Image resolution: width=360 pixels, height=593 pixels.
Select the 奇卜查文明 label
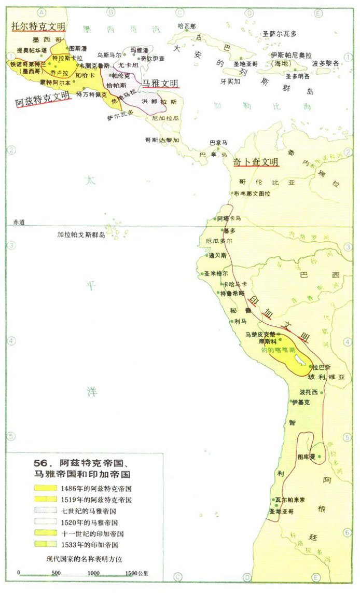point(256,162)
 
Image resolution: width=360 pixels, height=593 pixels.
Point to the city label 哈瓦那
point(186,25)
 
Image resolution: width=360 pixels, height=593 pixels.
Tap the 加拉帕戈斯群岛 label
point(81,235)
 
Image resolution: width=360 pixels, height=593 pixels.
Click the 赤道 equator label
point(19,222)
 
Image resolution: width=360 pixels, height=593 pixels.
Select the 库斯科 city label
point(269,342)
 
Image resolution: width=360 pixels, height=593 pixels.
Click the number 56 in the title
point(40,463)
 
